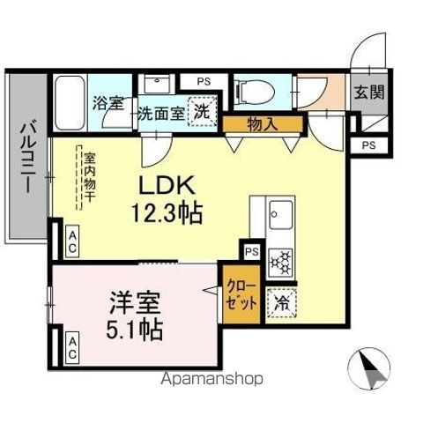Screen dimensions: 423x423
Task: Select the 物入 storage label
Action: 262,123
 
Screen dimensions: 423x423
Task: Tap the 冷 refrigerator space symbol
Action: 284,300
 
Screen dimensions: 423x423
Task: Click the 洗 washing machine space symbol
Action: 203,113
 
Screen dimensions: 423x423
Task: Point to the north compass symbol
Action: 373,369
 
